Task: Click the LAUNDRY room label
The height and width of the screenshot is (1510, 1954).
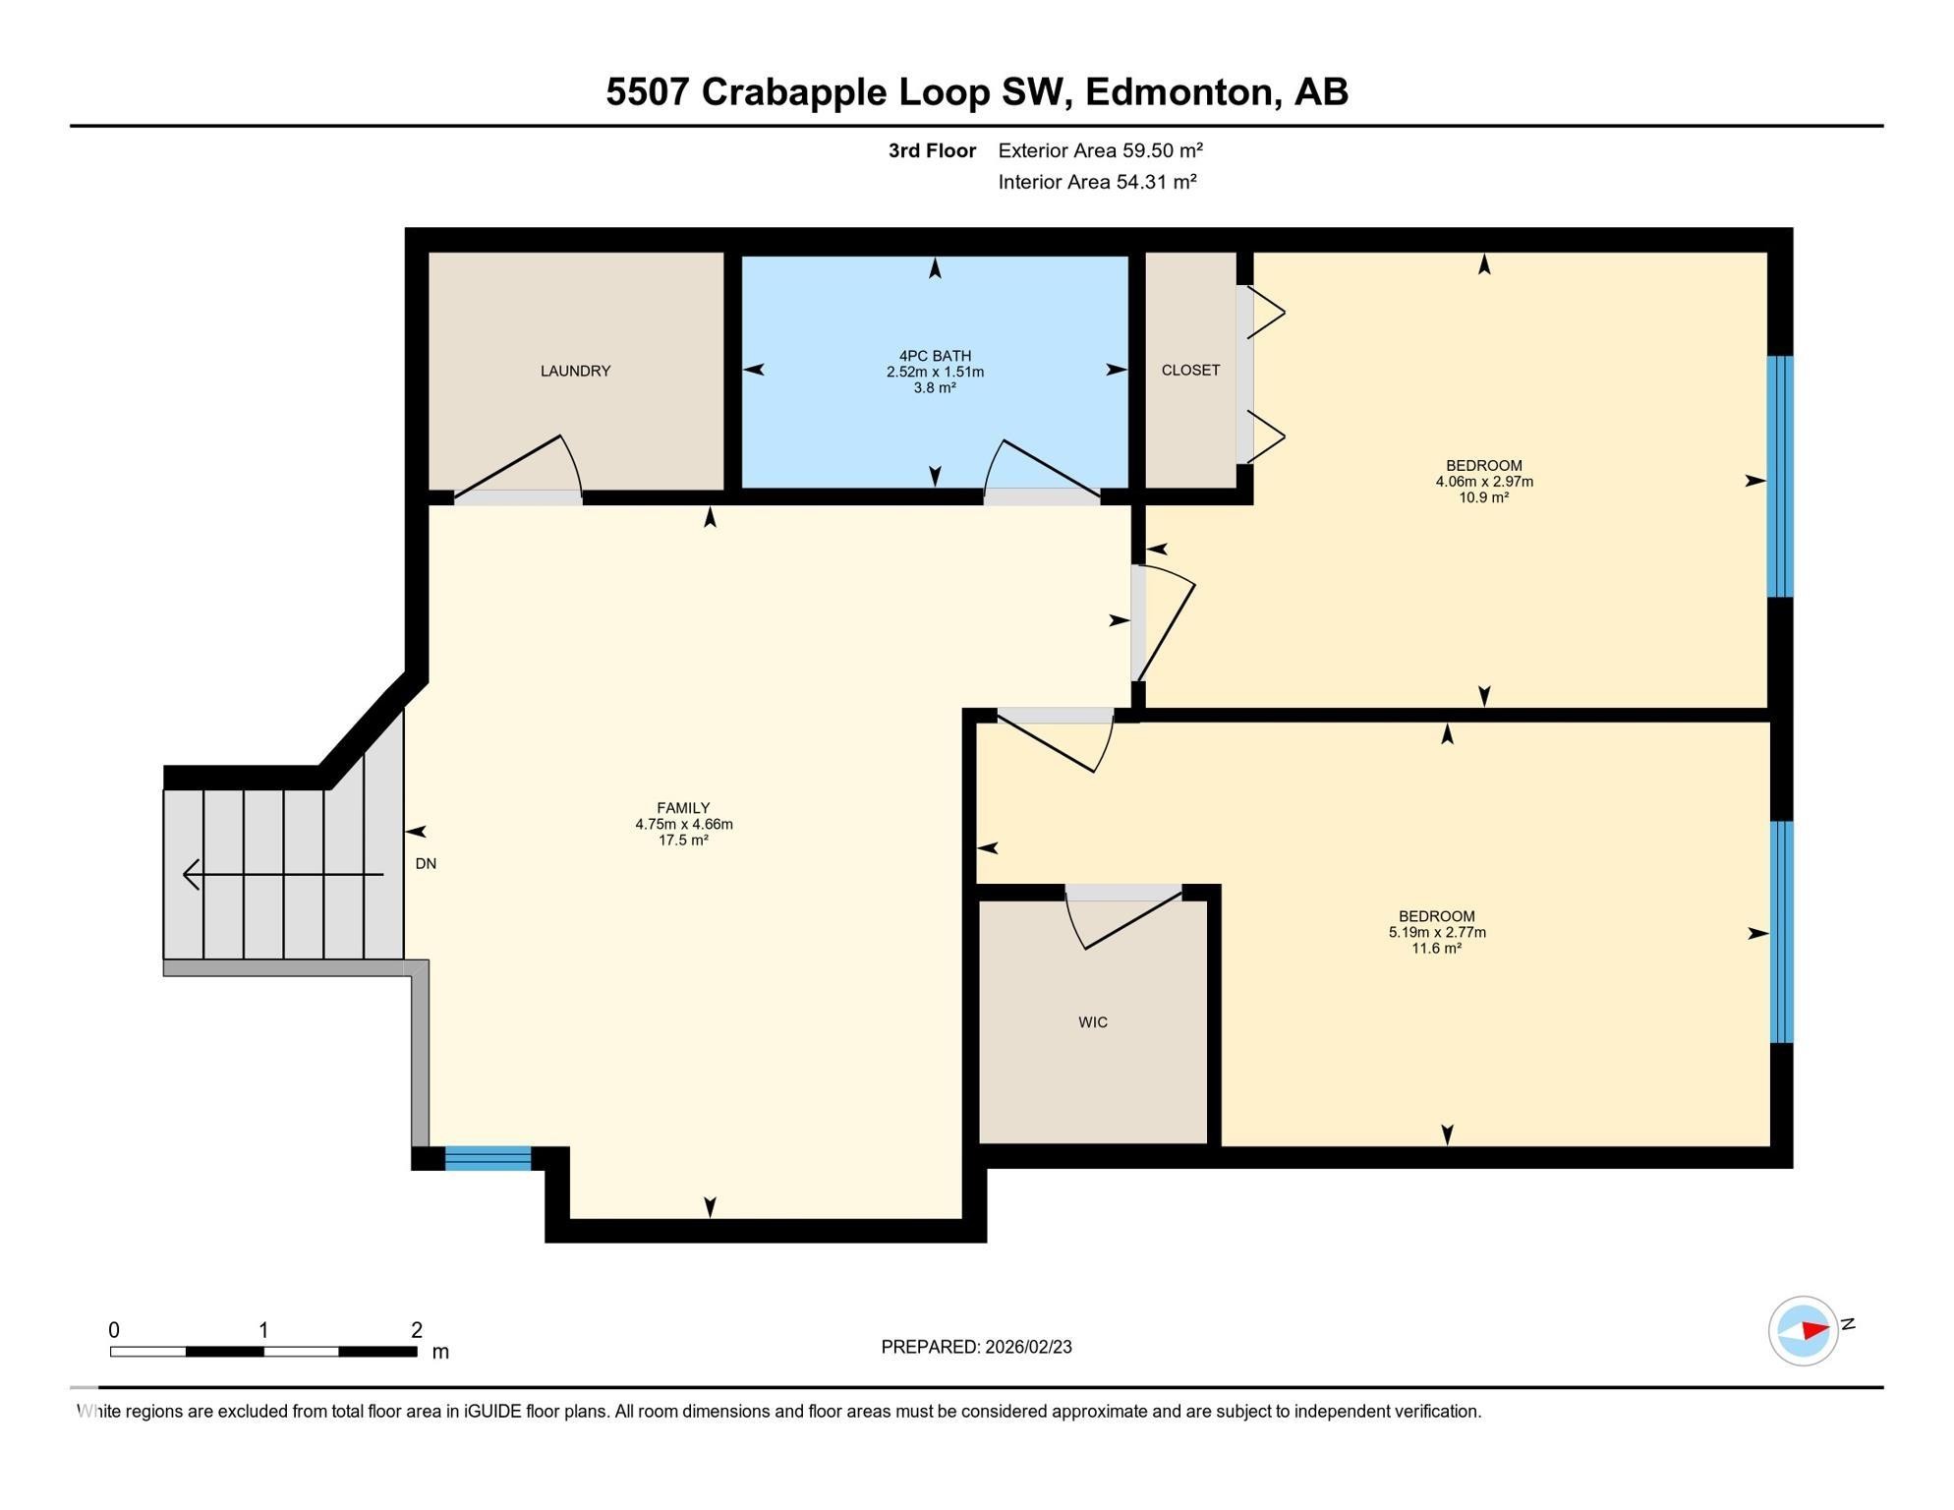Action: [575, 371]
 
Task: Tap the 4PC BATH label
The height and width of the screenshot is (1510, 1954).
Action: [935, 356]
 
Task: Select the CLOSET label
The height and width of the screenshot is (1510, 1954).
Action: [1190, 370]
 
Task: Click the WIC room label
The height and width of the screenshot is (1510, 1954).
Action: [1092, 1022]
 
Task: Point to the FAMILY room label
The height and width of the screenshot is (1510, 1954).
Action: [683, 808]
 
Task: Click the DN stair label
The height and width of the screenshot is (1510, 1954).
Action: [426, 863]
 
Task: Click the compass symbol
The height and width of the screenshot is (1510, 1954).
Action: [1803, 1331]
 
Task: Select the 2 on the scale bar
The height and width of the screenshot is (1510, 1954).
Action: [417, 1330]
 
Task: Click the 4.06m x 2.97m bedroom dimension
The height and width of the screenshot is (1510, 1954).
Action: [1483, 482]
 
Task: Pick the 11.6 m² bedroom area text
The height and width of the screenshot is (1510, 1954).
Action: [1436, 949]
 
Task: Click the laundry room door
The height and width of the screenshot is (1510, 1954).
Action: [521, 470]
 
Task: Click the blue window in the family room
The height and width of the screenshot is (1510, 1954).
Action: [488, 1158]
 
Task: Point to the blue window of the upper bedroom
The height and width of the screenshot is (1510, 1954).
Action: [1780, 477]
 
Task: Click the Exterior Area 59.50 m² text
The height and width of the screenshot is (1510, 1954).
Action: [1100, 150]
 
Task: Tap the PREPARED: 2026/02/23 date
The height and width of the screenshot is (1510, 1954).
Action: [976, 1347]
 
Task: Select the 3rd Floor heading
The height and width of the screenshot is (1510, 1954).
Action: [932, 150]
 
